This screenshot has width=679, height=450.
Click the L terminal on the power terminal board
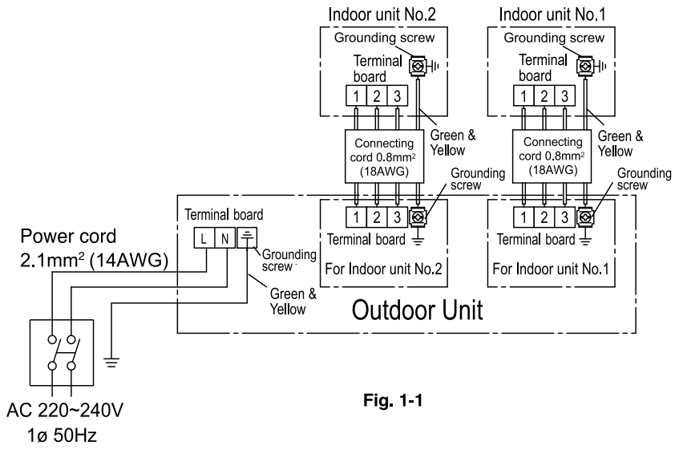pyautogui.click(x=204, y=237)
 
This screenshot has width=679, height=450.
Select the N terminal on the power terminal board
pyautogui.click(x=224, y=237)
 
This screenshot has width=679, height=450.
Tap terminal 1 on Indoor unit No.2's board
pyautogui.click(x=356, y=95)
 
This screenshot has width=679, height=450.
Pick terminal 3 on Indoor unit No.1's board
pyautogui.click(x=564, y=95)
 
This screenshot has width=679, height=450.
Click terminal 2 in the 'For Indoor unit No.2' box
pyautogui.click(x=376, y=217)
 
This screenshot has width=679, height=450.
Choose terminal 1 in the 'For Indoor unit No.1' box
pyautogui.click(x=523, y=217)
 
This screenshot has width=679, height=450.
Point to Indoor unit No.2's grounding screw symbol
pyautogui.click(x=418, y=67)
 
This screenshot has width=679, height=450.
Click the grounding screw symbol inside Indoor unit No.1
pyautogui.click(x=585, y=67)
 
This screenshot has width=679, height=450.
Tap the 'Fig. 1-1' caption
pyautogui.click(x=393, y=399)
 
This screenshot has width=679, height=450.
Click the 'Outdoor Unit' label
pyautogui.click(x=417, y=310)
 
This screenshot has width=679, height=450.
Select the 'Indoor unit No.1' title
pyautogui.click(x=552, y=14)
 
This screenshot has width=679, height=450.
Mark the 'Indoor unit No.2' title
pyautogui.click(x=382, y=14)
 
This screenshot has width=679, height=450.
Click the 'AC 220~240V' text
pyautogui.click(x=65, y=410)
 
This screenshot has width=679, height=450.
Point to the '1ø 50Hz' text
pyautogui.click(x=62, y=436)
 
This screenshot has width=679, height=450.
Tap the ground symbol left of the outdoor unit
pyautogui.click(x=111, y=363)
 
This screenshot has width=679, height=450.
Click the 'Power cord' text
pyautogui.click(x=68, y=237)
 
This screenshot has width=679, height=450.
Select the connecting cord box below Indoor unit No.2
pyautogui.click(x=384, y=156)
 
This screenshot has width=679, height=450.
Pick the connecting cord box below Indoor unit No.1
pyautogui.click(x=552, y=156)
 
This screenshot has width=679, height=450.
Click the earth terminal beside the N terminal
pyautogui.click(x=247, y=237)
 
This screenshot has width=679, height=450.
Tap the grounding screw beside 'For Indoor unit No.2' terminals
pyautogui.click(x=418, y=217)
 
